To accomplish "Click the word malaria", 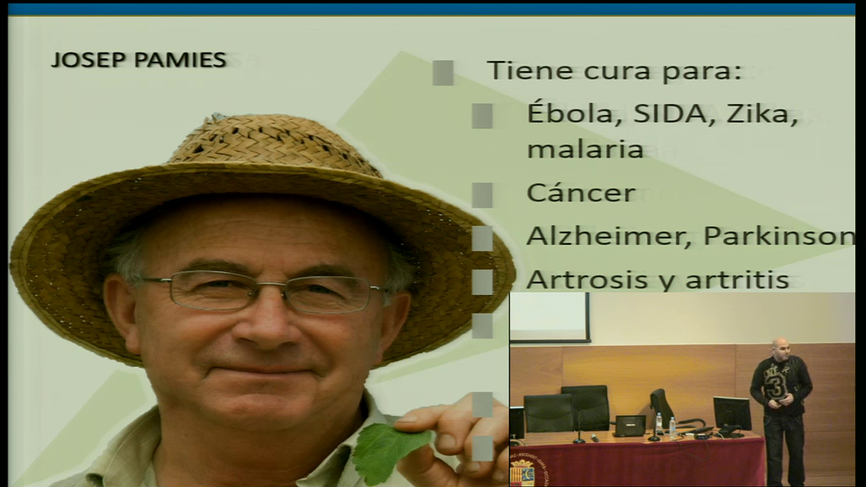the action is coord(585,149).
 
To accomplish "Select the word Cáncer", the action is coord(581,192).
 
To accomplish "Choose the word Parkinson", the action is coord(779,236).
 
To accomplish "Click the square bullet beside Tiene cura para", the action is coord(443,73).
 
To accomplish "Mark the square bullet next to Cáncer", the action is coord(482,195).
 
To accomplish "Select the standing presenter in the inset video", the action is coord(781,412).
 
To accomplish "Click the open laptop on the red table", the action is coord(629,426).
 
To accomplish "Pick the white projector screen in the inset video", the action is coord(549,317).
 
